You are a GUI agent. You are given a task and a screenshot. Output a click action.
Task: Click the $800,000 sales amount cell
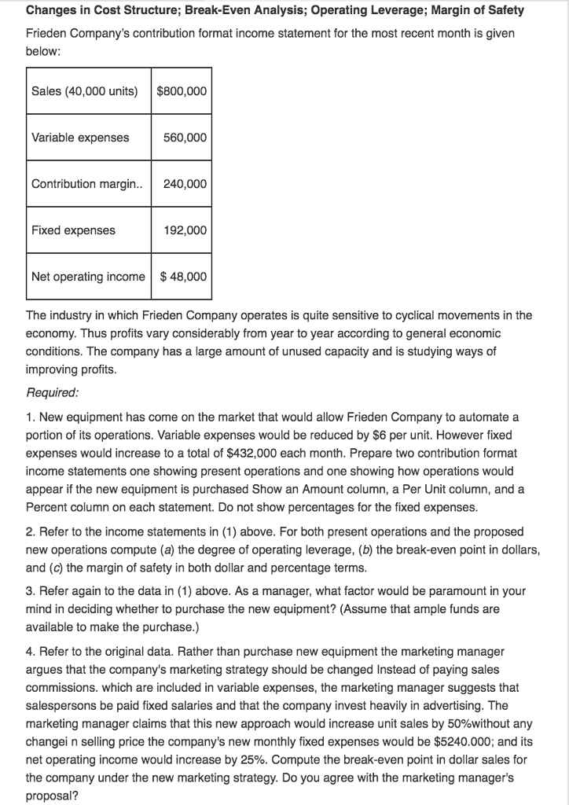182,90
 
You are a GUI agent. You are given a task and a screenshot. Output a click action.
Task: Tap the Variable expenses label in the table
80,138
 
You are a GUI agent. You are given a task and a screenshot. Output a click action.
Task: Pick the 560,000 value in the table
185,138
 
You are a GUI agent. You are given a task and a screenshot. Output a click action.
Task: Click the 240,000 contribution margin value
185,184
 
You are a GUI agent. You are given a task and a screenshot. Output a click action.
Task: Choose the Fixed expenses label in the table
73,230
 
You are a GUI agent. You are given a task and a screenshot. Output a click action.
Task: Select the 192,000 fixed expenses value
185,230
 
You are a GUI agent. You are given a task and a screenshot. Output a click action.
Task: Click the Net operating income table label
88,277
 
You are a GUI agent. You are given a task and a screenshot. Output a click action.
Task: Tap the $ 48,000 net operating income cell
183,277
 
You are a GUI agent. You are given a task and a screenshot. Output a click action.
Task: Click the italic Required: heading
52,391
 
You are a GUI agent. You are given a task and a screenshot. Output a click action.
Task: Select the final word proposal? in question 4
52,796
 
